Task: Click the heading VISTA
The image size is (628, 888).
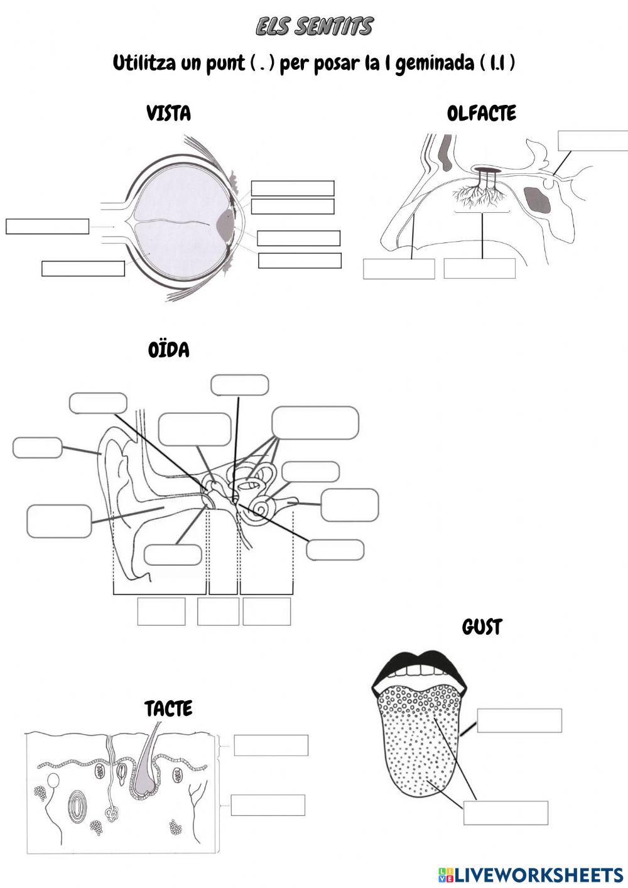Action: tap(168, 114)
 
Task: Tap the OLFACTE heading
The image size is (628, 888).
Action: tap(482, 114)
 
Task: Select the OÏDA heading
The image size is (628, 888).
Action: tap(168, 350)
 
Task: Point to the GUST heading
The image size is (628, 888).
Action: tap(482, 627)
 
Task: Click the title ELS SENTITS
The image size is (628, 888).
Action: tap(314, 26)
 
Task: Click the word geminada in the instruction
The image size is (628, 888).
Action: tap(435, 63)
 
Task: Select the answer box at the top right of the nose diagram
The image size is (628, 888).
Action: tap(593, 140)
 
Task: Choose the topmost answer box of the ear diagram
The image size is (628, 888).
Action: tap(239, 385)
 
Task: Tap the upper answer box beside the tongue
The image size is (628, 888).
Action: tap(519, 721)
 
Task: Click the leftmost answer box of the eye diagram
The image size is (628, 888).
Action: tap(47, 226)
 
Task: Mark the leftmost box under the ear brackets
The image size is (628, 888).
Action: tap(161, 612)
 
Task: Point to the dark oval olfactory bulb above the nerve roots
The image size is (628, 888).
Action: tap(485, 170)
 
